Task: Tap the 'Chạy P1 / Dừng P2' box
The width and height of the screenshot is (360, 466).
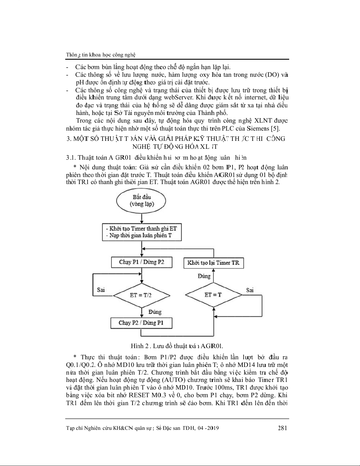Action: coord(142,262)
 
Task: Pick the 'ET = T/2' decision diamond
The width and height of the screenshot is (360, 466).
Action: coord(141,295)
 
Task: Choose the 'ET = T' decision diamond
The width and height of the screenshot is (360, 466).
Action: coord(213,295)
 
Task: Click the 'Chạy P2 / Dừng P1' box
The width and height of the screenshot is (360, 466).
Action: coord(141,323)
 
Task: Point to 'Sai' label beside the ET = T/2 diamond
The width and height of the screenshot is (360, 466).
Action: coord(101,290)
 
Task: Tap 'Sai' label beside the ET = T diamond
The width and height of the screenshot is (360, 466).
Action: coord(250,290)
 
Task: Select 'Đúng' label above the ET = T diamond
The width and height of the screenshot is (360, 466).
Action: coord(204,276)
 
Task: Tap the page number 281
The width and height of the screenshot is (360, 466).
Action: coord(282,428)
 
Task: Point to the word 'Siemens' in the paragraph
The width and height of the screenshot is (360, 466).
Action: coord(258,128)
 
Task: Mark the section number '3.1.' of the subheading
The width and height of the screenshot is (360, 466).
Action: coord(71,157)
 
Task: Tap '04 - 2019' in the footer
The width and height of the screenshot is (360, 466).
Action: coord(207,428)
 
